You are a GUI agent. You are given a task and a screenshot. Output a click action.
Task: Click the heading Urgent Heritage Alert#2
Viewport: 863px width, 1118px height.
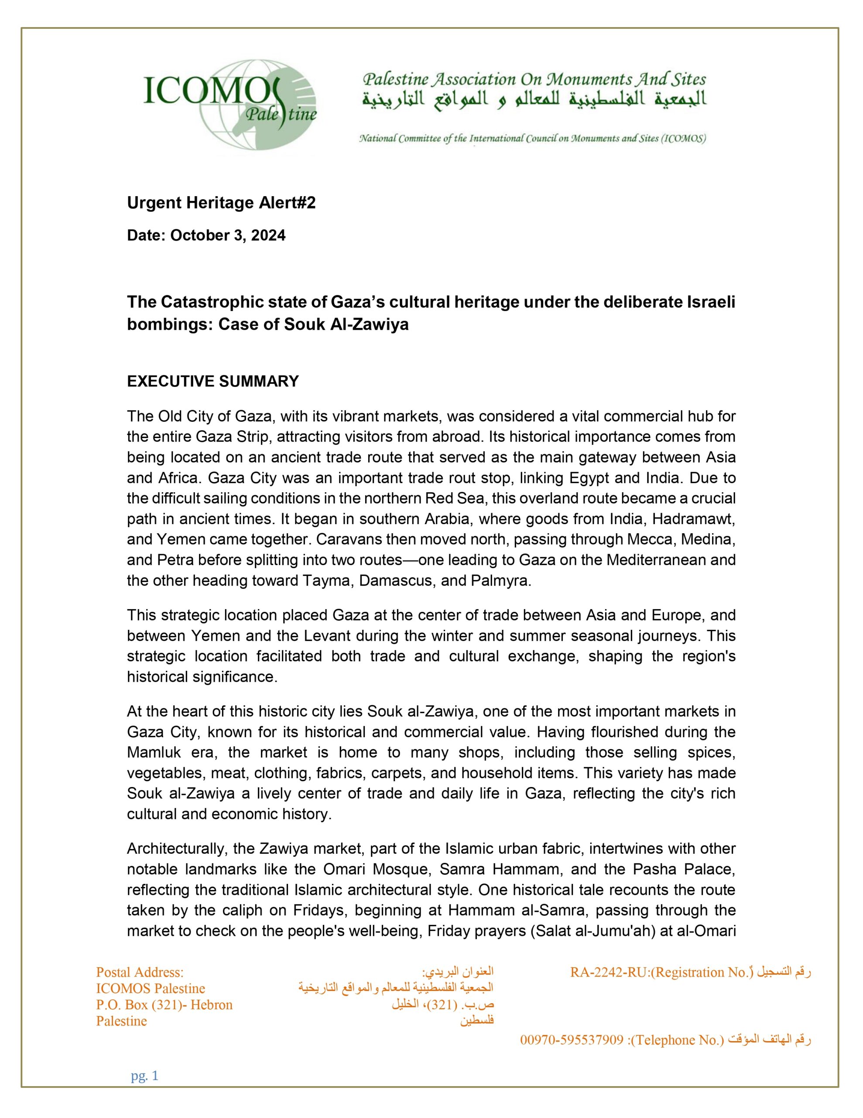point(221,203)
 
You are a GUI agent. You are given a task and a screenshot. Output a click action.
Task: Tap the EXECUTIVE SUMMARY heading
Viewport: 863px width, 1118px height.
point(213,381)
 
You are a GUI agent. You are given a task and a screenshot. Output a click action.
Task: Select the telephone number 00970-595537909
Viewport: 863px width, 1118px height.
point(572,1040)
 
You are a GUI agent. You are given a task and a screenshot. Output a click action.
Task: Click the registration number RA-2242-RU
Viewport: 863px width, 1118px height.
point(608,972)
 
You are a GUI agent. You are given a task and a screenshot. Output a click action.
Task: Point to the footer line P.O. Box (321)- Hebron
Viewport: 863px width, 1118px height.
point(164,1005)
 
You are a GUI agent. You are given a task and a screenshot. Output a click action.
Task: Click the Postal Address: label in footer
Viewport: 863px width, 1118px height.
point(140,972)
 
